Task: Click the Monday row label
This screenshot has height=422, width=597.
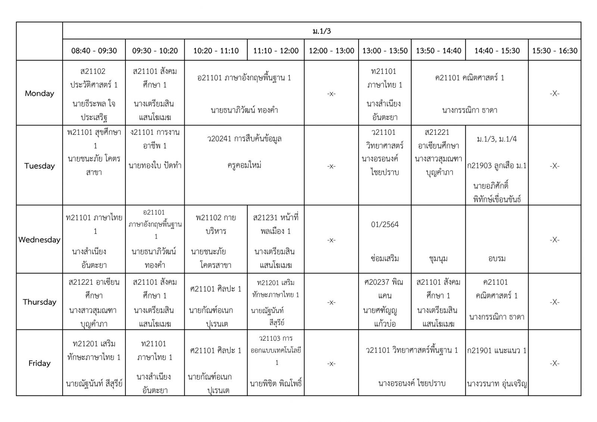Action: pyautogui.click(x=39, y=93)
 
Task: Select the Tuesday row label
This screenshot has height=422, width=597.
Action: pyautogui.click(x=39, y=166)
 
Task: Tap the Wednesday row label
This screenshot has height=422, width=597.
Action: pyautogui.click(x=39, y=240)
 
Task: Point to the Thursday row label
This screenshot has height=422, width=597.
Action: pyautogui.click(x=39, y=302)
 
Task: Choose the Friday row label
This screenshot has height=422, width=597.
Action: pyautogui.click(x=39, y=363)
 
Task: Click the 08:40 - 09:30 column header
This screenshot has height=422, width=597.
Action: pyautogui.click(x=94, y=51)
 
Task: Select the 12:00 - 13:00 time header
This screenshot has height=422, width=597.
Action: pyautogui.click(x=331, y=51)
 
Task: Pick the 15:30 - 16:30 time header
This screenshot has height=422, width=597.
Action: pyautogui.click(x=554, y=51)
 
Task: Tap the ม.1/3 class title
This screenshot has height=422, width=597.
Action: pyautogui.click(x=322, y=31)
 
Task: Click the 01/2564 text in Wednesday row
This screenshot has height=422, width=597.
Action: pyautogui.click(x=385, y=225)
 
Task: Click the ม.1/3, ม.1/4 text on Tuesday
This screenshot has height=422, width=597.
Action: pyautogui.click(x=497, y=139)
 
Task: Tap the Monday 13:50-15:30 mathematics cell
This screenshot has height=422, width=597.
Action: pyautogui.click(x=469, y=93)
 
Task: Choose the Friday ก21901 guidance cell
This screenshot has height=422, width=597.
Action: pyautogui.click(x=497, y=363)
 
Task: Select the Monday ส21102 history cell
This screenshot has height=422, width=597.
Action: pyautogui.click(x=94, y=93)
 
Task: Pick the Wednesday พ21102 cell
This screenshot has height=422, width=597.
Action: pyautogui.click(x=216, y=240)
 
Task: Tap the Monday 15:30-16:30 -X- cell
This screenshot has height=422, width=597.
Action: pyautogui.click(x=554, y=93)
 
